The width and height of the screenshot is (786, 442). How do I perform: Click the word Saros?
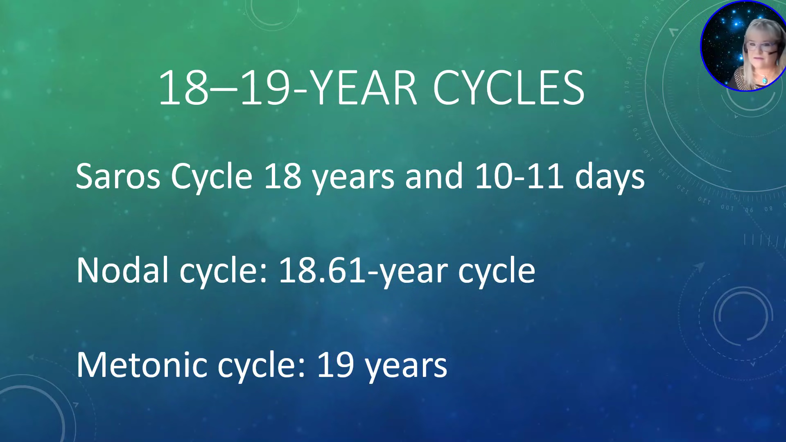tap(118, 176)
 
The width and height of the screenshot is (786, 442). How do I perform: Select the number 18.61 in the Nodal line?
tap(322, 270)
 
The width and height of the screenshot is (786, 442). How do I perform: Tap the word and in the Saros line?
tap(434, 176)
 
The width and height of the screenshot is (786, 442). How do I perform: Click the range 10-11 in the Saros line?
tap(519, 176)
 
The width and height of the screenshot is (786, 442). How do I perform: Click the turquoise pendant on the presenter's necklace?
tap(764, 80)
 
